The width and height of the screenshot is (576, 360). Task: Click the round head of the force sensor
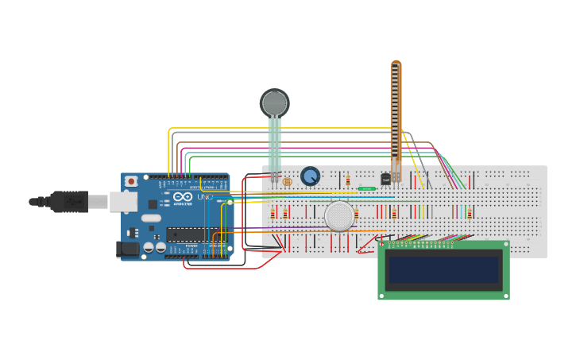coord(275,103)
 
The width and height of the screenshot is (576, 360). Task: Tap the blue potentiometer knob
coord(310,176)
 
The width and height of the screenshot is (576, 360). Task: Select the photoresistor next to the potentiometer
coord(287,182)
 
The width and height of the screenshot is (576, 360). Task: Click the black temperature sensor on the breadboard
coord(385,180)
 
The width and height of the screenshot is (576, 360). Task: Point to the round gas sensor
coord(339,215)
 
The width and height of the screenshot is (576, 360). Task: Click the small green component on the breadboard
coord(366,188)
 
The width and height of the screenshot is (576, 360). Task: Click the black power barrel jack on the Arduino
coord(127,250)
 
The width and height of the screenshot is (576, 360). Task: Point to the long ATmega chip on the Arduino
coord(194,234)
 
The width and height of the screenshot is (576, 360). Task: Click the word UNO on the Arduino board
coord(205,196)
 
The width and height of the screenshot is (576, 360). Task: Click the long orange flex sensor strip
coord(396,111)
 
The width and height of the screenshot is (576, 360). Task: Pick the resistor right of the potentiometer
coord(348,181)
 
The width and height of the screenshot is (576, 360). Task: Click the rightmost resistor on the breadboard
coord(470,213)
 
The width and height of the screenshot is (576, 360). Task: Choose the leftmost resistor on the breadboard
coord(273,213)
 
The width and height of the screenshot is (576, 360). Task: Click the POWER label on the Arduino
coord(191,246)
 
